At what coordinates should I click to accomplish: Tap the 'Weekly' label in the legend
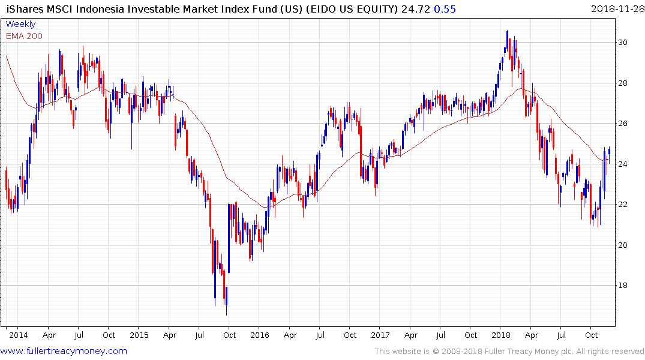point(20,24)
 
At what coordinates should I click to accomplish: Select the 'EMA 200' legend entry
point(24,36)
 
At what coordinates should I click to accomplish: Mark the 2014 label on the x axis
point(18,335)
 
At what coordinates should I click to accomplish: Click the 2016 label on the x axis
point(259,335)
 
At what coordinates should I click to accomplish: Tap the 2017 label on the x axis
point(380,335)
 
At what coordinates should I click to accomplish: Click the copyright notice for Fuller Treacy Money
point(509,352)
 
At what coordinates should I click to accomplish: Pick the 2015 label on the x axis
point(139,335)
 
